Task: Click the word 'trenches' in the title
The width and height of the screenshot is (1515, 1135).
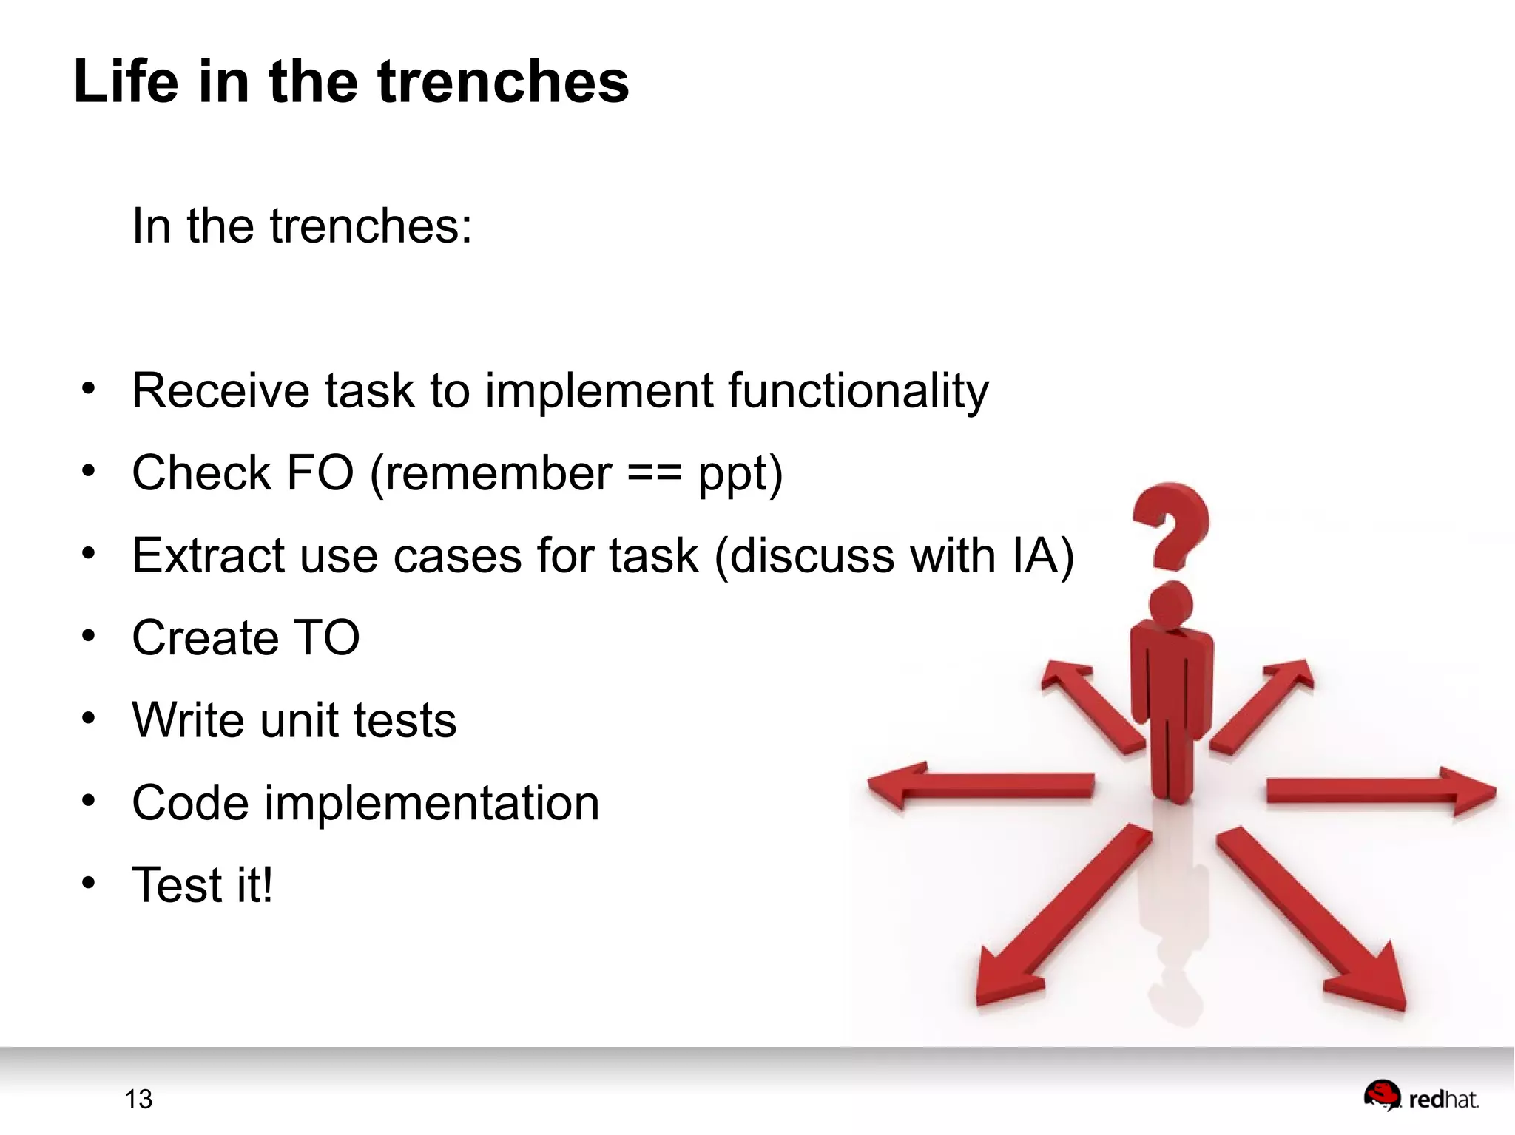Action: click(503, 81)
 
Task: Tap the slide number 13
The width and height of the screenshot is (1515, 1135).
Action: click(138, 1100)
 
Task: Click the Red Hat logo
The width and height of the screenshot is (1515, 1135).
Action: click(1421, 1097)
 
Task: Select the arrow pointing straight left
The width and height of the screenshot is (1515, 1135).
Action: click(980, 785)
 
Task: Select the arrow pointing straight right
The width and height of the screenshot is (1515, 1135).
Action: click(1380, 790)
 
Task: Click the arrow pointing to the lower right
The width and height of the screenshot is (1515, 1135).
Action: click(1317, 924)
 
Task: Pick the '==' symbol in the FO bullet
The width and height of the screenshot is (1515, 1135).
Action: click(654, 474)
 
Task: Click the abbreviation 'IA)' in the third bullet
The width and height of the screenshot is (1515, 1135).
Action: click(1042, 555)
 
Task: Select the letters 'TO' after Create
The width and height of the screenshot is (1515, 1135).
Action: click(326, 637)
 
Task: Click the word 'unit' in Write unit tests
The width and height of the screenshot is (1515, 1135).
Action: click(299, 720)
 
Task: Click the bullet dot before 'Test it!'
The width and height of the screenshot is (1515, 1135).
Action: click(89, 882)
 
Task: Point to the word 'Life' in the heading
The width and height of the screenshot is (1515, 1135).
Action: click(126, 81)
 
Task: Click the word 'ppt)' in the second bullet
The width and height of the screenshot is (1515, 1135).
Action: click(740, 474)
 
